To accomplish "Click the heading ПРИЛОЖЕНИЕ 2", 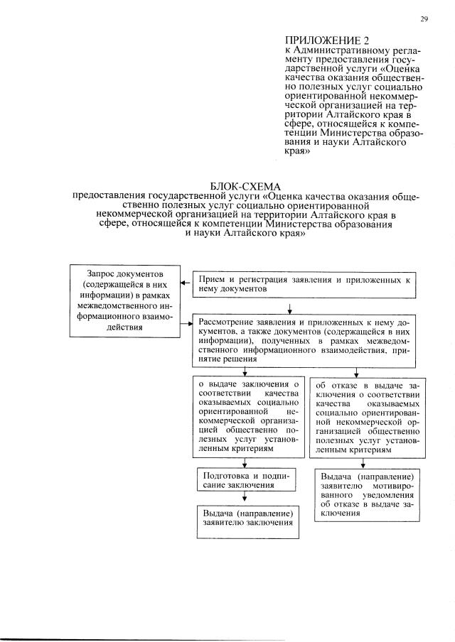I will click(321, 40).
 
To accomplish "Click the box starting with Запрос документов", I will click(124, 300).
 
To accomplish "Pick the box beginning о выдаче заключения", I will click(246, 418).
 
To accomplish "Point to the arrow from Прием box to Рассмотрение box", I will click(290, 308).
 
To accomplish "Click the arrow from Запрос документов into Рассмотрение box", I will click(187, 323).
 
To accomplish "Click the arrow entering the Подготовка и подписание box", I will click(245, 462).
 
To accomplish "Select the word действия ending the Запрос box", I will click(124, 327).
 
